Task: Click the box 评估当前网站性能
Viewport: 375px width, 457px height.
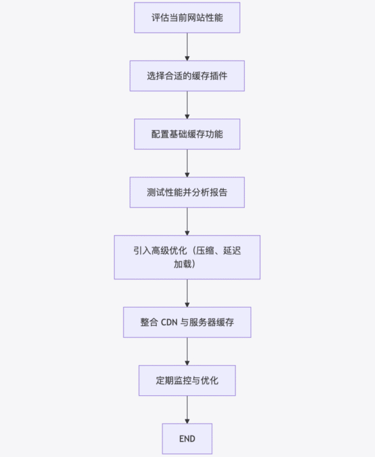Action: coord(187,18)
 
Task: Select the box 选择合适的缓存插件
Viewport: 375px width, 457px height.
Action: coord(187,76)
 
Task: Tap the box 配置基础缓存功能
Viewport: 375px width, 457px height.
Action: coord(187,134)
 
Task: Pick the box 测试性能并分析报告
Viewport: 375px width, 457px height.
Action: coord(187,192)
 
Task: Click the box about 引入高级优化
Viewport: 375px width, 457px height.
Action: coord(187,258)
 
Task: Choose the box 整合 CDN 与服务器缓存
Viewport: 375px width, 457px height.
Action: coord(187,322)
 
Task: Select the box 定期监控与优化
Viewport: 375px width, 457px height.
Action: coord(187,380)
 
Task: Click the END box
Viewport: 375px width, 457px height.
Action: coord(187,438)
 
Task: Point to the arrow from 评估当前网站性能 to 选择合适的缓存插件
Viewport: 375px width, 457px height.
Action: coord(187,47)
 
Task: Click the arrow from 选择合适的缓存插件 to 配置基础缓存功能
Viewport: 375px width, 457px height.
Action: coord(187,105)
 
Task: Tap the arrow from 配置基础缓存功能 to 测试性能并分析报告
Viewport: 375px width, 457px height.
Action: coord(187,163)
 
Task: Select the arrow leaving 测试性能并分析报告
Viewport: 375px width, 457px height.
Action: coord(187,222)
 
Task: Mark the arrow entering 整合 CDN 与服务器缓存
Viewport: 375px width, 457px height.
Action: coord(187,293)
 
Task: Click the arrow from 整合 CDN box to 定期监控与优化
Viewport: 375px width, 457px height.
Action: coord(187,351)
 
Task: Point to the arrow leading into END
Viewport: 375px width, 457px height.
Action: coord(187,409)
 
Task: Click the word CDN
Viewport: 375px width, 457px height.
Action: coord(169,322)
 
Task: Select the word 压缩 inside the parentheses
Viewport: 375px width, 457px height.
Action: coord(204,251)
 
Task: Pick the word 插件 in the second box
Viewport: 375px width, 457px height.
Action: coord(219,76)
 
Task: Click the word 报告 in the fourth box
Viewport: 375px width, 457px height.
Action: coord(219,192)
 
